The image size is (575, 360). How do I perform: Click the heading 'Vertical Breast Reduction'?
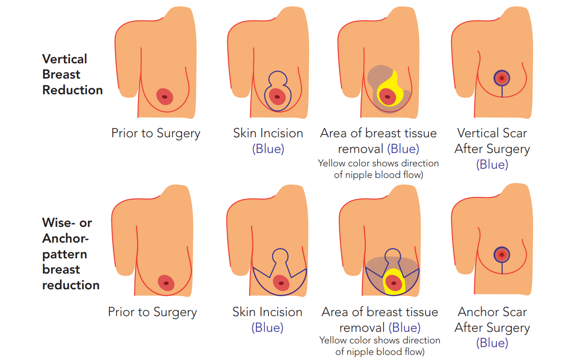72,74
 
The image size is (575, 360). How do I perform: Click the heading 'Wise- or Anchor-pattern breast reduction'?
71,254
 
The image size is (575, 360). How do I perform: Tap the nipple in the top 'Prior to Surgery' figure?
165,97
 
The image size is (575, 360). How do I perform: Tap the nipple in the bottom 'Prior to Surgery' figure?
165,283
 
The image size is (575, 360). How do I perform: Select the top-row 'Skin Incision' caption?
268,133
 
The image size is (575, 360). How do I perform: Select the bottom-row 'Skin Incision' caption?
267,312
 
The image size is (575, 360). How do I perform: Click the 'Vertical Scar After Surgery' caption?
492,141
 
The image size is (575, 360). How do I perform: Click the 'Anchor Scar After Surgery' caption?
492,320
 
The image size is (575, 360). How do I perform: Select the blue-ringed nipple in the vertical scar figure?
502,78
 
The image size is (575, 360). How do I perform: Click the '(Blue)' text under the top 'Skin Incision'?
268,149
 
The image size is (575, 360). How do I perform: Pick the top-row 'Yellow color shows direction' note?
378,164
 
